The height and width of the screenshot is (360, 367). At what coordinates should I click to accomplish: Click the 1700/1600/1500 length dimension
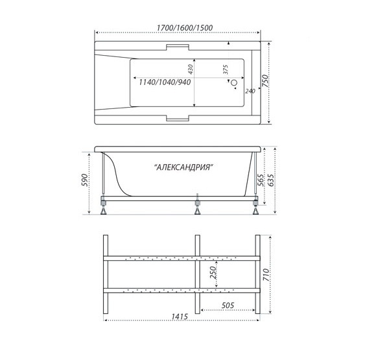coord(184,28)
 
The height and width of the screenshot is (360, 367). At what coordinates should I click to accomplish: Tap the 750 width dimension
coord(265,81)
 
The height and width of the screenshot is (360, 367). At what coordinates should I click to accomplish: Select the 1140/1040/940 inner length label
coord(165,82)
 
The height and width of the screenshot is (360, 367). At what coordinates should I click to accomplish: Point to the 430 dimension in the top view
coord(190,69)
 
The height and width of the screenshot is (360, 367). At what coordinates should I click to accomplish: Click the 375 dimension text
coord(226,69)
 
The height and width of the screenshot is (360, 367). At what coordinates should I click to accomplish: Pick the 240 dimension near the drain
coord(250,91)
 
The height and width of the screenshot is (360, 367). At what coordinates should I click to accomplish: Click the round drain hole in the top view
coord(234,82)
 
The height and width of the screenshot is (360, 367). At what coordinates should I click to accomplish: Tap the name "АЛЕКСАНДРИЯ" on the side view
coord(184,167)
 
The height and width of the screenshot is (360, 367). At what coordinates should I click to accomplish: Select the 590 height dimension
coord(85,180)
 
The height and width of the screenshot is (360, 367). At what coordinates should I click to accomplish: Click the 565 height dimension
coord(260,180)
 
